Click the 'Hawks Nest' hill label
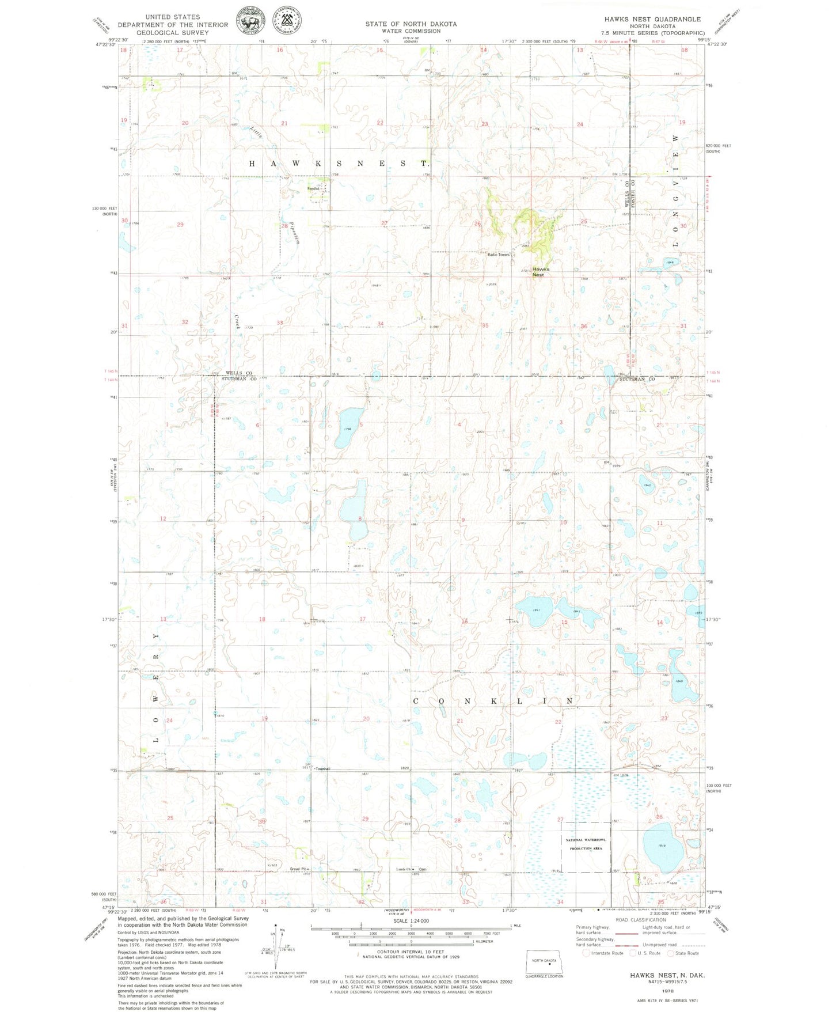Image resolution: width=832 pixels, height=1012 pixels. click(540, 272)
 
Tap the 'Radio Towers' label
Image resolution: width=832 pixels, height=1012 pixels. click(498, 254)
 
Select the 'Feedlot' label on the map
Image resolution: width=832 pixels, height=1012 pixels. click(314, 188)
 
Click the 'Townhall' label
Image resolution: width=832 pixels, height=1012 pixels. click(322, 768)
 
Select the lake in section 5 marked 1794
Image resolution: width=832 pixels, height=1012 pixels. click(349, 428)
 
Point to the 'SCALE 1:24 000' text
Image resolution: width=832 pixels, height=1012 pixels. click(411, 920)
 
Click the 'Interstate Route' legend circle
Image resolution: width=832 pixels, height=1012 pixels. click(586, 953)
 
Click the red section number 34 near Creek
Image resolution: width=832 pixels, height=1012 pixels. click(381, 324)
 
